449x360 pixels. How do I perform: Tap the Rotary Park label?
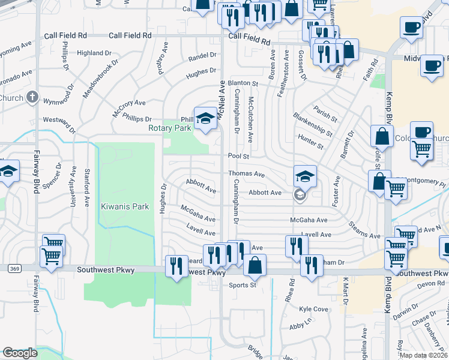[170, 128]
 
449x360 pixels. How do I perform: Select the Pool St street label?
[238, 156]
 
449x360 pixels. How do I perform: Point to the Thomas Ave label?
[246, 174]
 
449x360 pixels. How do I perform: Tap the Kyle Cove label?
[314, 309]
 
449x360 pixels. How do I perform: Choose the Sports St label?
[243, 285]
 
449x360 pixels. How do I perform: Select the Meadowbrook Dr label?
[89, 82]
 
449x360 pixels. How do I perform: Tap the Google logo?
[20, 353]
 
